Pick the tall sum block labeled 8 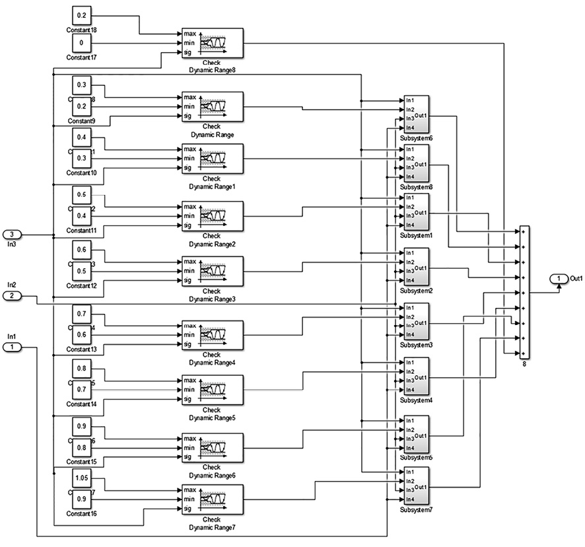524,293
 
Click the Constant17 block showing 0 81,42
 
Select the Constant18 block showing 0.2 81,14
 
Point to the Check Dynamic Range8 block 212,42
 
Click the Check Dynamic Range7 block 212,499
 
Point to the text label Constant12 82,285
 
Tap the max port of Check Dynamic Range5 189,381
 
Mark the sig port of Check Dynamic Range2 188,225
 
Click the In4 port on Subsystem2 410,280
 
